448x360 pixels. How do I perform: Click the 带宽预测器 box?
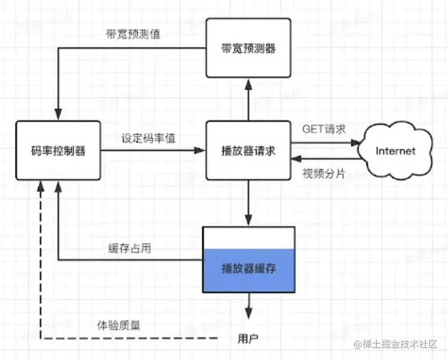248,48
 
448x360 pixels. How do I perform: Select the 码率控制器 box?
58,150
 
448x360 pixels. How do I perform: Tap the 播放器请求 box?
248,150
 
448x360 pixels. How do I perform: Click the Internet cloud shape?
396,150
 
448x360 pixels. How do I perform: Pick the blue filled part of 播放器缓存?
249,271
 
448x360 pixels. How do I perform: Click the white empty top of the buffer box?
249,238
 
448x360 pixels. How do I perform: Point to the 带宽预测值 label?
133,34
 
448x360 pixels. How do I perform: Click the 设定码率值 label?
149,138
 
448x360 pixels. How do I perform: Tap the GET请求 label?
324,129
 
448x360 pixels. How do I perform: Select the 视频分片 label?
324,173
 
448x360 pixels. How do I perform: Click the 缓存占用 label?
129,248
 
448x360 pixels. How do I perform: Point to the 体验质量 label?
119,325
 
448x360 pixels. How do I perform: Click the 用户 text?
248,339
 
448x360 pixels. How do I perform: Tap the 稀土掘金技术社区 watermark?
396,345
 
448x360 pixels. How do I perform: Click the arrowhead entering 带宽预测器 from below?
249,85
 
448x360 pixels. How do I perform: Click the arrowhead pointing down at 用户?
249,314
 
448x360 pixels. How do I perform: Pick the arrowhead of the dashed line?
41,187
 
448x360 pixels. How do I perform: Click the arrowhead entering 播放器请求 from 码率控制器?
200,150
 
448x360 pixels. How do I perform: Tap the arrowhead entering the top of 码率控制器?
58,114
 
